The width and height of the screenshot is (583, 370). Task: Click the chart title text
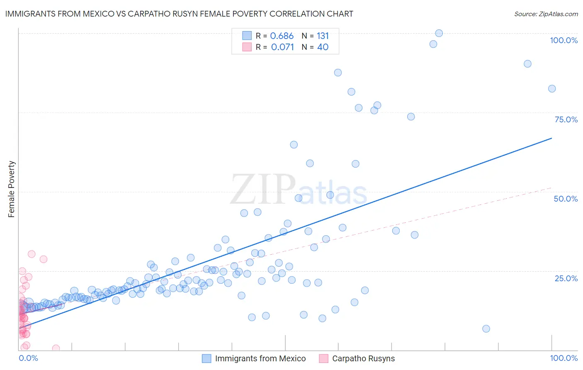tap(179, 14)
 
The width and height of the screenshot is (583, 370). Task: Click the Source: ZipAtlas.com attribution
tap(546, 14)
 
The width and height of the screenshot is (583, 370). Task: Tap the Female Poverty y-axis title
tap(11, 189)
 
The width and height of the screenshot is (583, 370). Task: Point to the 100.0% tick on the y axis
tap(564, 40)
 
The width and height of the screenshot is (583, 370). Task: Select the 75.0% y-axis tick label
tap(566, 119)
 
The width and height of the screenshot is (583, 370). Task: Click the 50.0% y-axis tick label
tap(566, 199)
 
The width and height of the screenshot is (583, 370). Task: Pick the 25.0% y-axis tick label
tap(566, 278)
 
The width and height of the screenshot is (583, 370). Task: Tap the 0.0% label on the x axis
tap(28, 358)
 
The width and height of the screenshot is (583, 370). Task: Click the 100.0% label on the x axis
tap(564, 358)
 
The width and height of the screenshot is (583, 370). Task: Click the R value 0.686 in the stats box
tap(282, 36)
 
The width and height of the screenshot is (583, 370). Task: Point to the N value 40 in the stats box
tap(323, 47)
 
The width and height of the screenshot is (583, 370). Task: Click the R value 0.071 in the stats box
tap(282, 47)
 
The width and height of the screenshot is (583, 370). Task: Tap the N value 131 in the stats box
tap(323, 36)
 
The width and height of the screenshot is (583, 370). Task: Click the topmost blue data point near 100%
tap(439, 33)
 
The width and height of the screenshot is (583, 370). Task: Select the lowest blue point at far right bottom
tap(486, 329)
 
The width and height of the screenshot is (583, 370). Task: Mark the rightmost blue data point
tap(551, 89)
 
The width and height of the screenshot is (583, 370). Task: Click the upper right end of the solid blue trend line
tap(551, 138)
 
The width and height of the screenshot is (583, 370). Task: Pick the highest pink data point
tap(32, 254)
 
